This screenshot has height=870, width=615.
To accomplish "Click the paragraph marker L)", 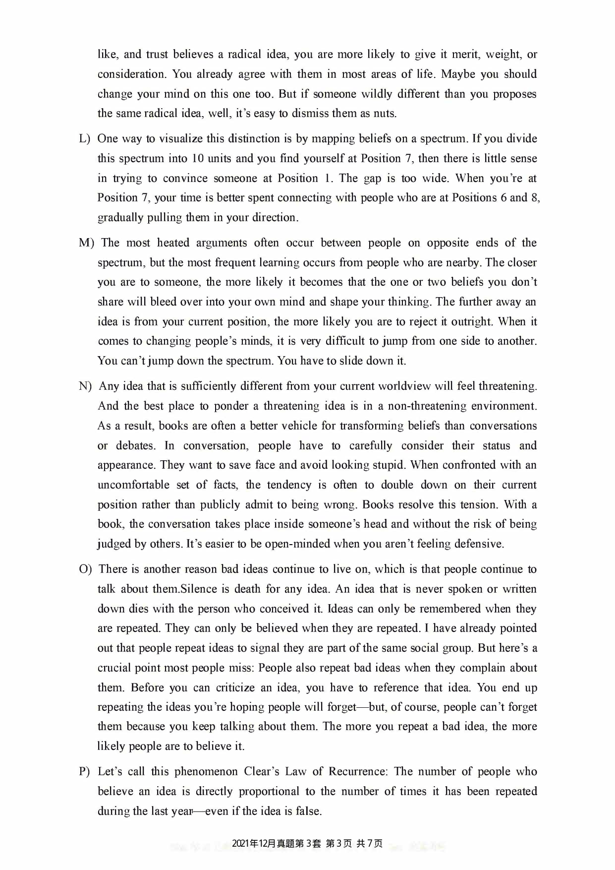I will (x=84, y=139).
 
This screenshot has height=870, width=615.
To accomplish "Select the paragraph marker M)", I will (x=86, y=243).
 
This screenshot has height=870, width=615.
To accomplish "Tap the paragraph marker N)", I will (x=85, y=386).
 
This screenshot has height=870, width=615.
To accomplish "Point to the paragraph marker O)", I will (x=85, y=569).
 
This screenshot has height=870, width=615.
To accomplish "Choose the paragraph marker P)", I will (x=84, y=772).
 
